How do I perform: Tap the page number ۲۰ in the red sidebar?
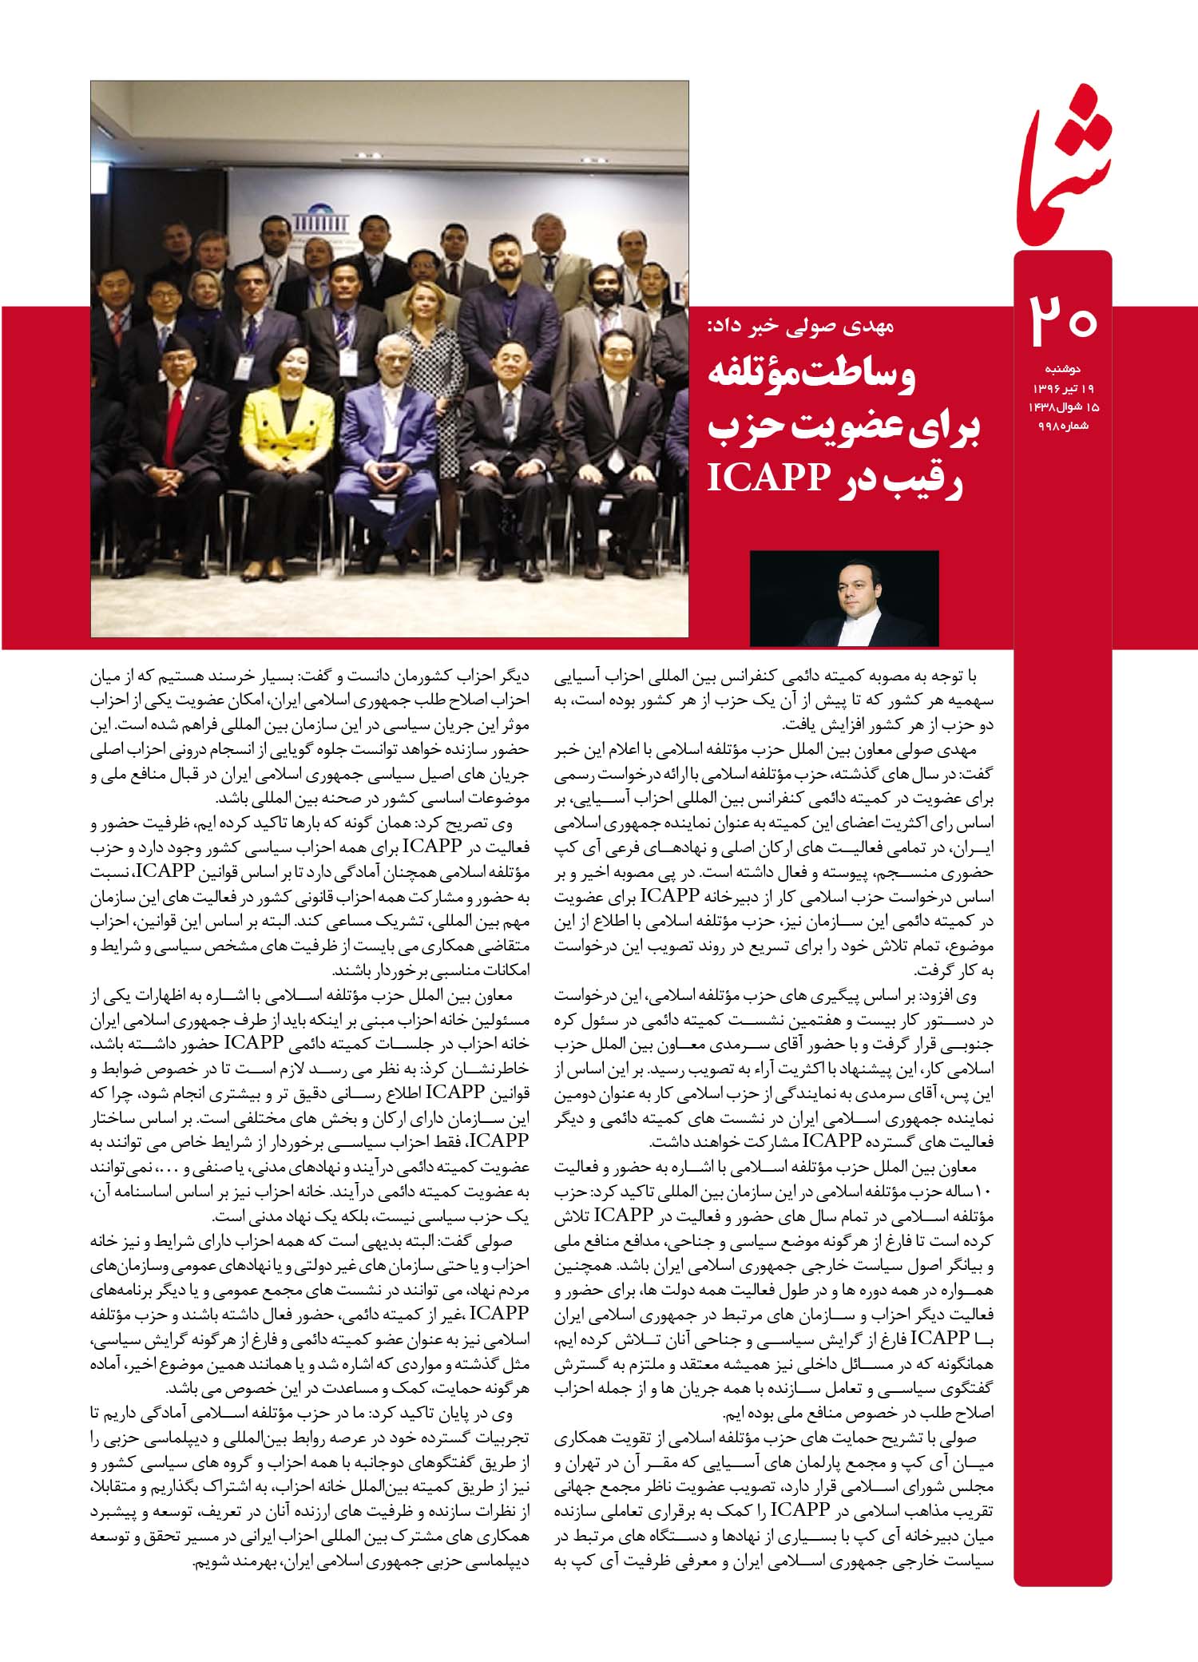coord(1061,319)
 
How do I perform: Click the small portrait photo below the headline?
coord(844,598)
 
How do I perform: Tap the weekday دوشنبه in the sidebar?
coord(1062,370)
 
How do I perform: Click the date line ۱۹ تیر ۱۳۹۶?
coord(1062,388)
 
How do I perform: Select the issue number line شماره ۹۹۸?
coord(1062,425)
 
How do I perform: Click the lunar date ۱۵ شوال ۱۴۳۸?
coord(1062,407)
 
